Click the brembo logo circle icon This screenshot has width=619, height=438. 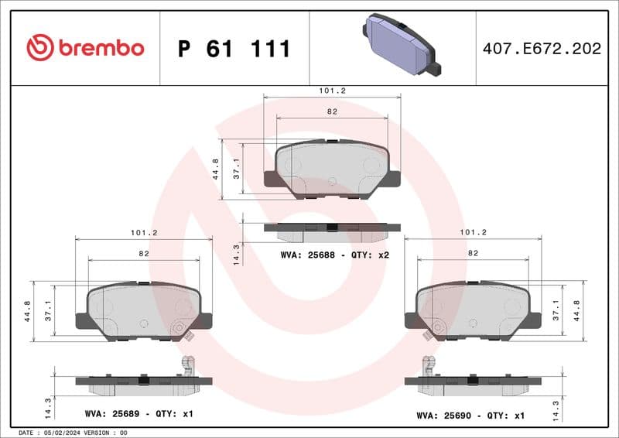39,48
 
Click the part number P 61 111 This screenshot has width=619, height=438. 234,49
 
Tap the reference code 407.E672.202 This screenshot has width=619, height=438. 541,49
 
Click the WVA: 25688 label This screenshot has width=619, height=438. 306,255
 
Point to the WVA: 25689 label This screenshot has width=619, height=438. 110,414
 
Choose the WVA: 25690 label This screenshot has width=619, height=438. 443,415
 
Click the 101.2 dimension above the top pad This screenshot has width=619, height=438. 332,91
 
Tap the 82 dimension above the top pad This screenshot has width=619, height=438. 332,111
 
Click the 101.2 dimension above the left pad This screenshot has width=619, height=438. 144,232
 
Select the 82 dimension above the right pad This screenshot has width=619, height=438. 473,253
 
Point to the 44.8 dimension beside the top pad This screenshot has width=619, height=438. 216,169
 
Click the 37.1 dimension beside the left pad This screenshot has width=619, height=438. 47,309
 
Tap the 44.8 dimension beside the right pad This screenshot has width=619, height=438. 576,309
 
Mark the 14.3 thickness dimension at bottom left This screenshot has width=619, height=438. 48,406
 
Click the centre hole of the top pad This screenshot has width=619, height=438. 332,182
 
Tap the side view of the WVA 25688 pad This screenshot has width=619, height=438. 332,230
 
